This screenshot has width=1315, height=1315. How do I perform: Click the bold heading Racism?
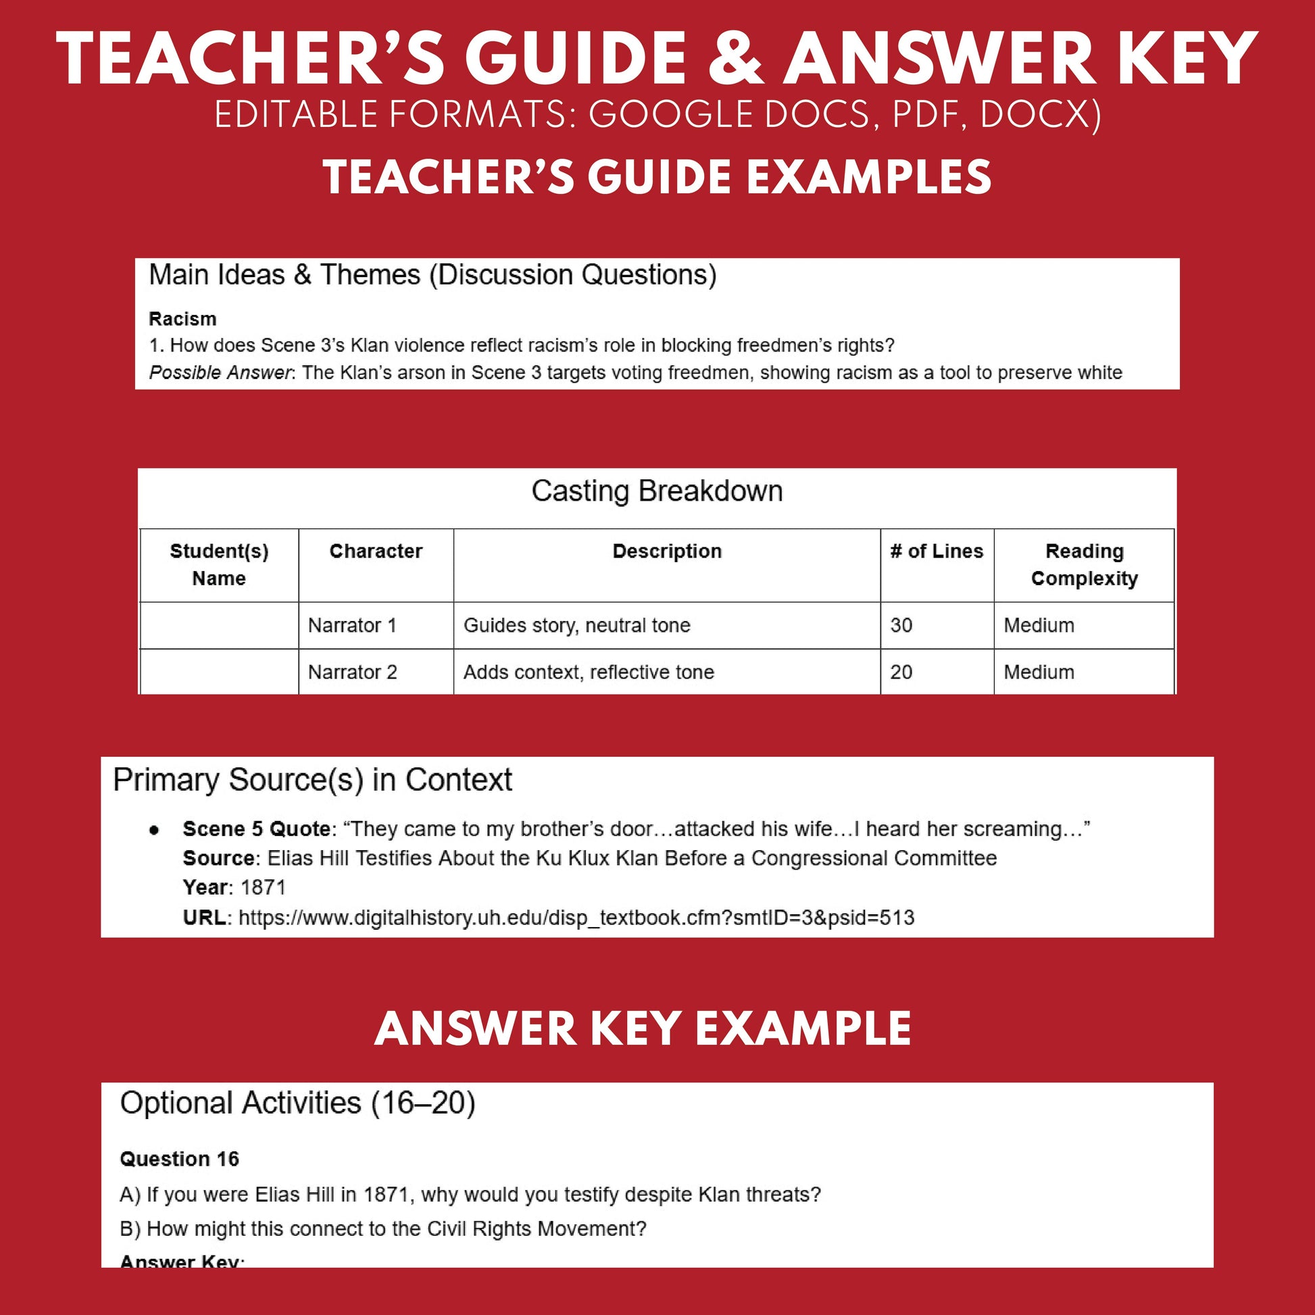coord(182,318)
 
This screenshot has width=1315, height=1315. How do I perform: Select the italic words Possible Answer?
coord(220,372)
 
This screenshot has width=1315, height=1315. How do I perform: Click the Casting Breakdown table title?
coord(657,491)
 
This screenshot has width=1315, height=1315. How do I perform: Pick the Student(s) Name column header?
coord(219,564)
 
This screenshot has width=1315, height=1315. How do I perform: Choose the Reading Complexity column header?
coord(1084,564)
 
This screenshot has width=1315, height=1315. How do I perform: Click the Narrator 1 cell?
coord(352,625)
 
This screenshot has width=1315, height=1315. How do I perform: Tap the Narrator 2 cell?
coord(352,672)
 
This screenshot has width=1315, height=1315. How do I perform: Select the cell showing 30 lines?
coord(901,625)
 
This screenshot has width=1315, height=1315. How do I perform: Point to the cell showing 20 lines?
coord(901,672)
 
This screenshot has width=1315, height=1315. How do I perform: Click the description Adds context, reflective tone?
coord(589,672)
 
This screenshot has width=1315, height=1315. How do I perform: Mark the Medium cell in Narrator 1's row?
coord(1039,625)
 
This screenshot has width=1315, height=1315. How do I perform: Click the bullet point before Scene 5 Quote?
coord(155,830)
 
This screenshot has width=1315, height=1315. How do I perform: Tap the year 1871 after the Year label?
coord(263,887)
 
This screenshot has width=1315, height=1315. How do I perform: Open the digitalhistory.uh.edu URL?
coord(576,918)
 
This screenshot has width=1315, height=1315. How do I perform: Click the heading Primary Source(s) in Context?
coord(312,780)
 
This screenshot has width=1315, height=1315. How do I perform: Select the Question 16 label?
coord(180,1158)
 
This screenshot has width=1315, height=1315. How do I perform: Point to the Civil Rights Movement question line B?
coord(382,1229)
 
